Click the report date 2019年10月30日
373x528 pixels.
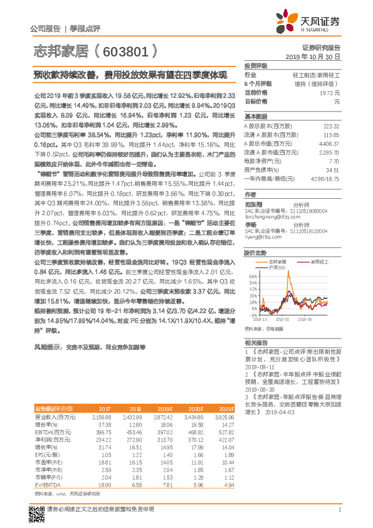point(317,56)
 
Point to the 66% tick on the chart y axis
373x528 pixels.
point(254,276)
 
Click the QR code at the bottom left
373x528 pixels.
point(38,514)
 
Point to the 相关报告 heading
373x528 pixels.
point(256,342)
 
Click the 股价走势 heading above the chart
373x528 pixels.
point(256,253)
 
